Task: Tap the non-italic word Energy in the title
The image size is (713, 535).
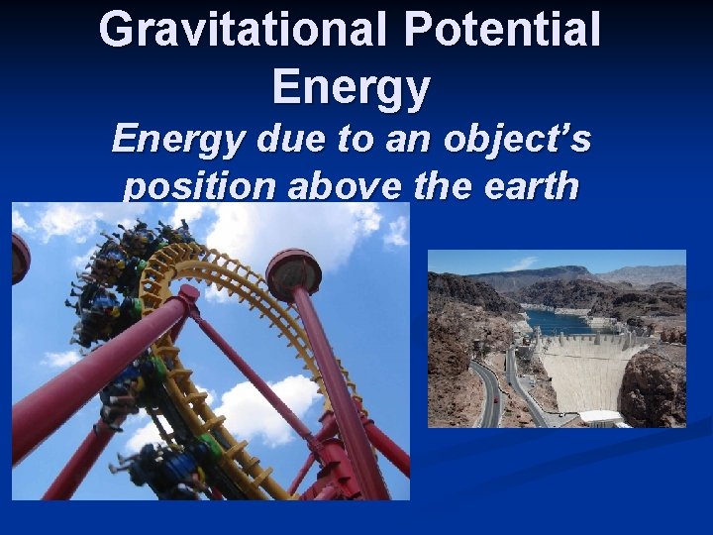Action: [x=352, y=86]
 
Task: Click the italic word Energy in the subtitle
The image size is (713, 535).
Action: [x=178, y=139]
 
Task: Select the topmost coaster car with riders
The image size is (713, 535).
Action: [x=158, y=238]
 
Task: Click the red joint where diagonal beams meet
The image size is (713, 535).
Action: [x=188, y=294]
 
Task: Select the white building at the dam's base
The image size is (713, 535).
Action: [x=600, y=417]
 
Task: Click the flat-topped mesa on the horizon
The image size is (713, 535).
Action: [x=525, y=272]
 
